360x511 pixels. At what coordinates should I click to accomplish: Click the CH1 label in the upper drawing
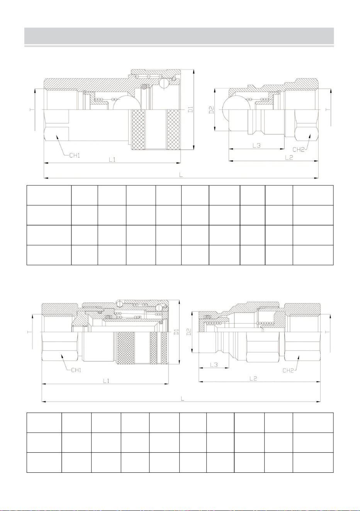[75, 156]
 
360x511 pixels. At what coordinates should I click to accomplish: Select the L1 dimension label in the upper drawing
[112, 160]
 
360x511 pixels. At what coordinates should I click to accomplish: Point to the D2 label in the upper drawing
[212, 110]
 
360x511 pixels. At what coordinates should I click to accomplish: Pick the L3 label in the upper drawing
[256, 145]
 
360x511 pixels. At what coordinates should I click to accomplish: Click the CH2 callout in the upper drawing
[299, 149]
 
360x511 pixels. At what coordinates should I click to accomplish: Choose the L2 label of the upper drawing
[289, 158]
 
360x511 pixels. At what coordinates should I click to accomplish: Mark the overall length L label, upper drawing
[181, 175]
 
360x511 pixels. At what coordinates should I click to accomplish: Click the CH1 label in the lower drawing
[76, 370]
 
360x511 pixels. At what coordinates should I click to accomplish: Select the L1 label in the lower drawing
[106, 381]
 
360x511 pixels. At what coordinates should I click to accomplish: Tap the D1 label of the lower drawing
[177, 332]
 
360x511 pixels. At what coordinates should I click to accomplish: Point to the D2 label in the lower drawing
[189, 332]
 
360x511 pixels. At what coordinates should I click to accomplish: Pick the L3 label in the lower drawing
[214, 365]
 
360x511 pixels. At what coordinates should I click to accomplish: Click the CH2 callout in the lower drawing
[289, 370]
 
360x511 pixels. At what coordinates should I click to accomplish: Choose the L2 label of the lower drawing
[253, 379]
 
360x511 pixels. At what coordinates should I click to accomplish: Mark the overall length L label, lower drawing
[182, 399]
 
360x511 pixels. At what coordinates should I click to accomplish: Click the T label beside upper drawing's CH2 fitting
[328, 110]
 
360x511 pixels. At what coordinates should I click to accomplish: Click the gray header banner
[179, 36]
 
